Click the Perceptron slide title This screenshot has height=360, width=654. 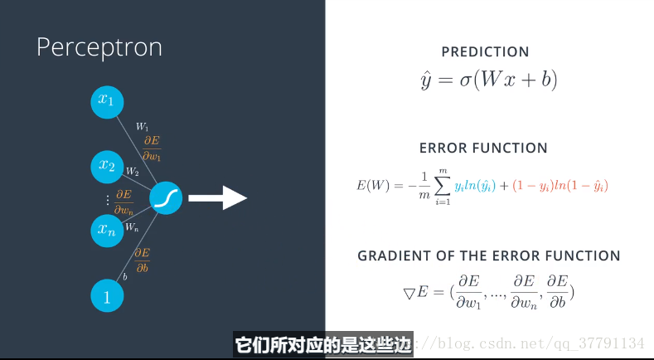tap(99, 48)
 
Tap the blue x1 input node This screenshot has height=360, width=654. tap(107, 102)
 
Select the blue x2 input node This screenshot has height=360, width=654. tap(107, 167)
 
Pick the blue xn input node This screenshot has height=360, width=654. tap(107, 231)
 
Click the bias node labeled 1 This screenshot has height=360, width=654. tap(107, 295)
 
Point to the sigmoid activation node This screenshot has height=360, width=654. tap(166, 198)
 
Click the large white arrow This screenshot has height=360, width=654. tap(218, 198)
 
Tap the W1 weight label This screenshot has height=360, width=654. tap(143, 127)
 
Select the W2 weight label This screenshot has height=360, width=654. tap(133, 171)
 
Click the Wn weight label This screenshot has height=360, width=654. tap(133, 227)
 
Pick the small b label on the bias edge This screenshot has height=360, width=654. tap(124, 276)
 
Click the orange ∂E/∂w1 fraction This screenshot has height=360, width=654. tap(152, 148)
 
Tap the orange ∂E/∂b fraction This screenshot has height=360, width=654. tap(143, 260)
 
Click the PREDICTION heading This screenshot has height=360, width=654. tap(485, 51)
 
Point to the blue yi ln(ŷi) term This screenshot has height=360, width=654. tap(475, 186)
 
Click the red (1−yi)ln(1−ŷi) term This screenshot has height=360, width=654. tap(560, 186)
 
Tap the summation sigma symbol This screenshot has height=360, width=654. tap(443, 187)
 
